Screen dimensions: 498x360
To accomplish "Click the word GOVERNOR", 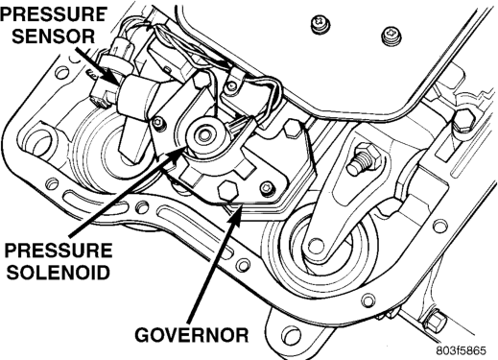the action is coord(191,335).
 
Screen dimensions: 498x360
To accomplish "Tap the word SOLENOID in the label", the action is coord(59,273).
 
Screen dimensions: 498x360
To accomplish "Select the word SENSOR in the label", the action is coord(53,36).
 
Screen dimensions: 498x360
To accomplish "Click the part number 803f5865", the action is coord(462,350).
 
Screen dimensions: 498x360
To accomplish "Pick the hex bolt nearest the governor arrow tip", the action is coord(227,191).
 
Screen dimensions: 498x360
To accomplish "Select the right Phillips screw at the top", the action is coord(391,36).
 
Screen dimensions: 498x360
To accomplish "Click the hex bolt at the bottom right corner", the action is coord(435,321).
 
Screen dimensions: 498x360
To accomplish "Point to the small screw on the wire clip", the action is coord(231,85).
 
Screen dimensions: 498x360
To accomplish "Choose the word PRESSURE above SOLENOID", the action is coord(59,251).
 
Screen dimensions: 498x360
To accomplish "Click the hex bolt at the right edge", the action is coord(463,120).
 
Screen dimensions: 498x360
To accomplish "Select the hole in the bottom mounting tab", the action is coord(290,335).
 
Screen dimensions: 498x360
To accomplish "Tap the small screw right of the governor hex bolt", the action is coord(268,189).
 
